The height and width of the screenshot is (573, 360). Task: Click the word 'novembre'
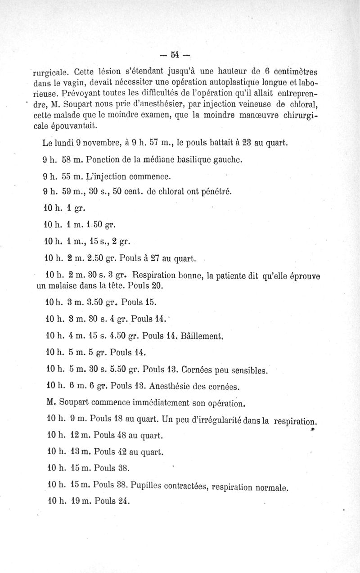coord(99,144)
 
